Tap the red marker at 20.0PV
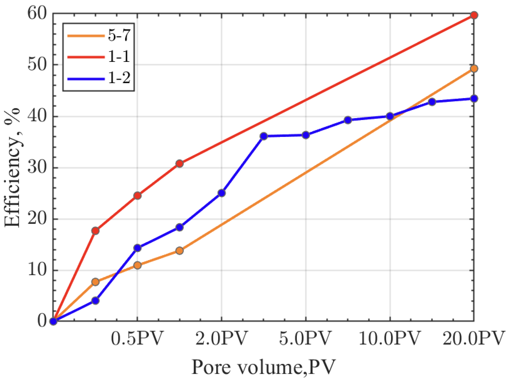474,15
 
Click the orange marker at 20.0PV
474,68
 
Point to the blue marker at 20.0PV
474,98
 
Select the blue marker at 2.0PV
221,193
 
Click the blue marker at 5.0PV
305,135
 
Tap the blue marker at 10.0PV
390,116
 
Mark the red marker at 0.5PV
137,196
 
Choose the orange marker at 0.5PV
137,265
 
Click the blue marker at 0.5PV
137,248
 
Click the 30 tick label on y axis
37,168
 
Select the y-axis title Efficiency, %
12,168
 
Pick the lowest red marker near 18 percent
95,231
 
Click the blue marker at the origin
53,321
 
